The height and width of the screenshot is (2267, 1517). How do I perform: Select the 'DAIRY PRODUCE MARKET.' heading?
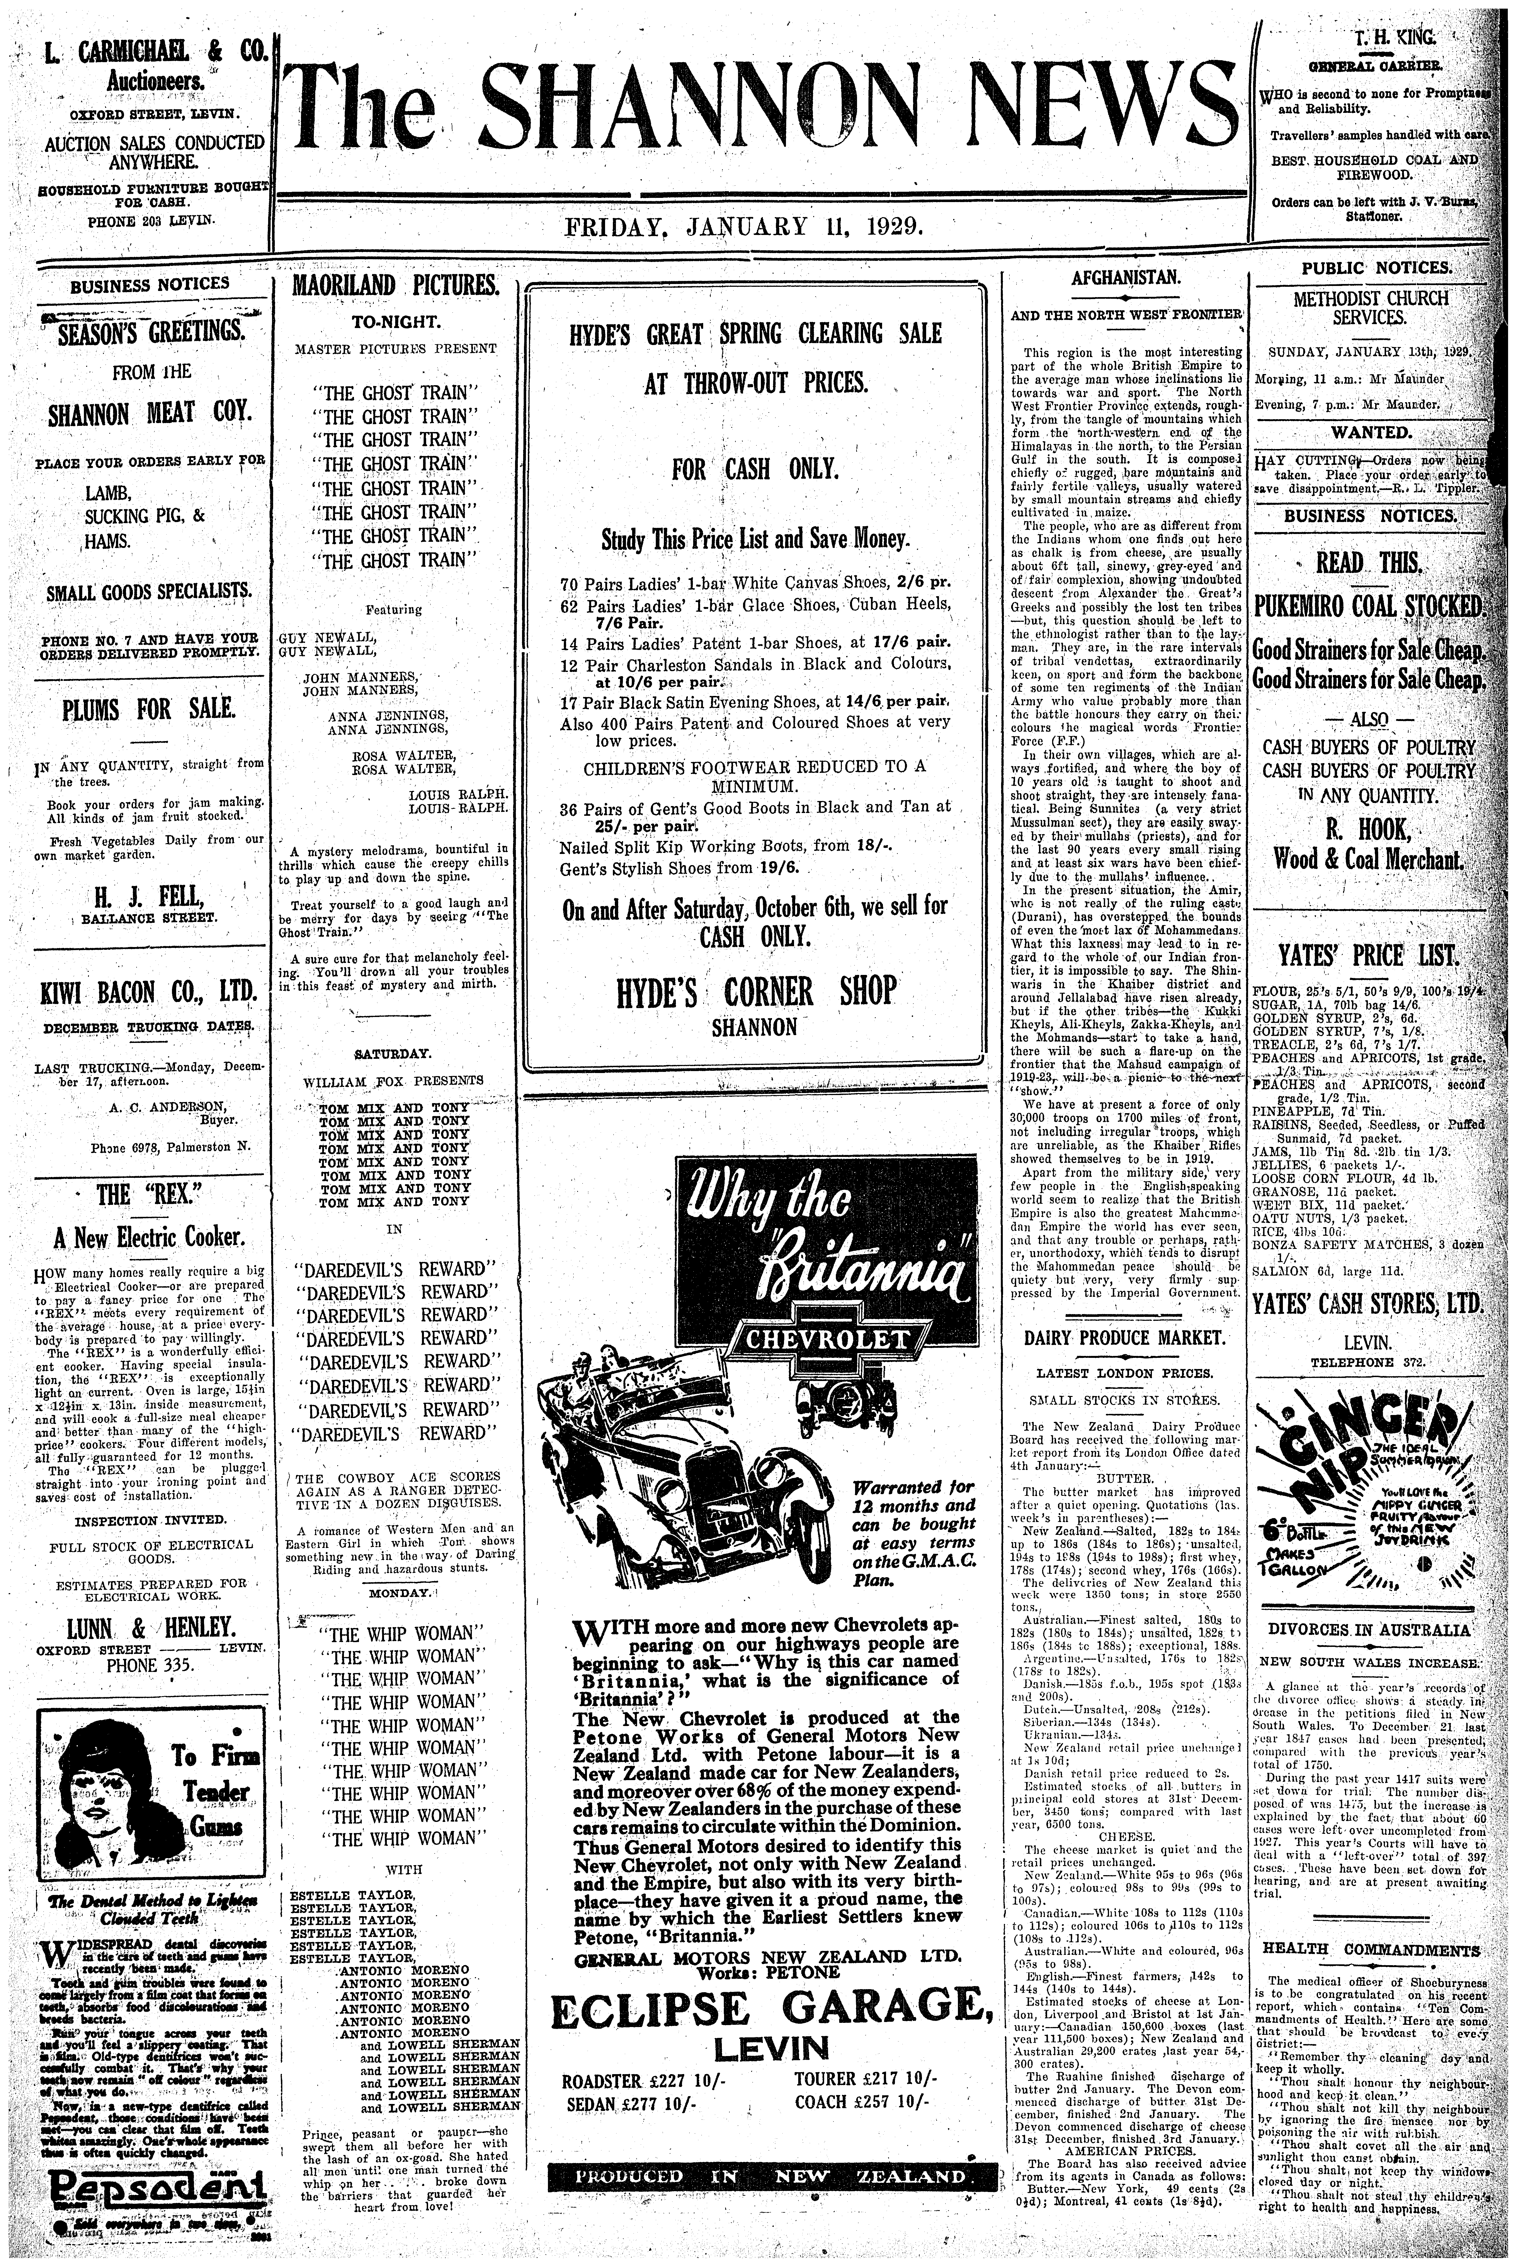[1125, 1338]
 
